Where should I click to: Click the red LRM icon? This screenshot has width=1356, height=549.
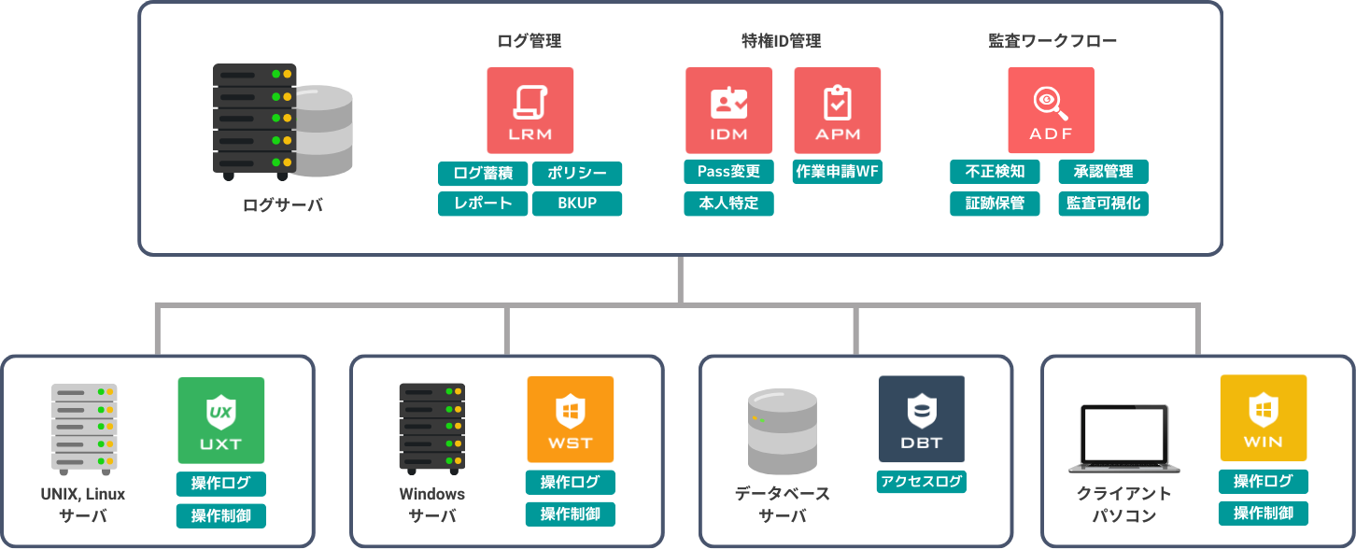coord(530,110)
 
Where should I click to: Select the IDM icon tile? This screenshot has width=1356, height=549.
coord(728,110)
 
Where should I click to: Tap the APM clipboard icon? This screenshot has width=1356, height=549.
coord(838,110)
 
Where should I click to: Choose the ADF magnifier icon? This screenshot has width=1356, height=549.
coord(1051,110)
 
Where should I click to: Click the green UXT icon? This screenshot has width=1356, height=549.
coord(221,420)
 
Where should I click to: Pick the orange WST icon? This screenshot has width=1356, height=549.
coord(571,419)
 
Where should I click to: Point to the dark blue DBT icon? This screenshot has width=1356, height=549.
coord(922,419)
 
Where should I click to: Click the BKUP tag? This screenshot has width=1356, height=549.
coord(577,204)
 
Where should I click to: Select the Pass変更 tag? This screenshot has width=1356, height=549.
coord(728,172)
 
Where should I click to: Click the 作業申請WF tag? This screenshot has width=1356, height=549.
coord(838,172)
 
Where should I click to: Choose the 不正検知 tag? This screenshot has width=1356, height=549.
coord(995,172)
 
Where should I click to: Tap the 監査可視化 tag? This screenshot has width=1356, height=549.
coord(1104,204)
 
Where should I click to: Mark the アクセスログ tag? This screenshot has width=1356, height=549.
coord(922,482)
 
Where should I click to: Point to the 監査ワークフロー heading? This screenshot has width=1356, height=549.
coord(1052,41)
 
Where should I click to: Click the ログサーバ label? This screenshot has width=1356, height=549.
coord(282,205)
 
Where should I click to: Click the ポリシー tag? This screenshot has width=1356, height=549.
coord(577,174)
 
